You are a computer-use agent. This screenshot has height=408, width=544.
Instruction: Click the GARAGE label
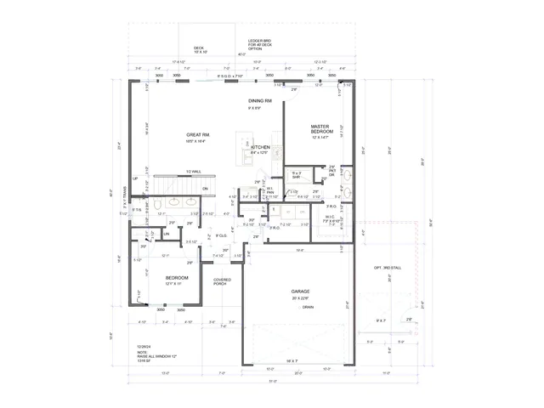tap(301, 293)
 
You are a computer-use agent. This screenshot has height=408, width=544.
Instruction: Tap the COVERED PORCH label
tap(222, 282)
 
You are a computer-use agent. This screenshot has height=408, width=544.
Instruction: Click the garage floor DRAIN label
tap(307, 309)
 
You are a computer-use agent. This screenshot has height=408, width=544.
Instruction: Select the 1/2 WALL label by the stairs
tap(193, 172)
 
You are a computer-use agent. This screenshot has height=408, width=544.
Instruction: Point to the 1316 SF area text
tap(145, 361)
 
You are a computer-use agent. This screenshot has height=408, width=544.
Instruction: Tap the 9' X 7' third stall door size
tap(382, 320)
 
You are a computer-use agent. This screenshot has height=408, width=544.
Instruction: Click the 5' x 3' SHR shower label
tap(296, 176)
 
